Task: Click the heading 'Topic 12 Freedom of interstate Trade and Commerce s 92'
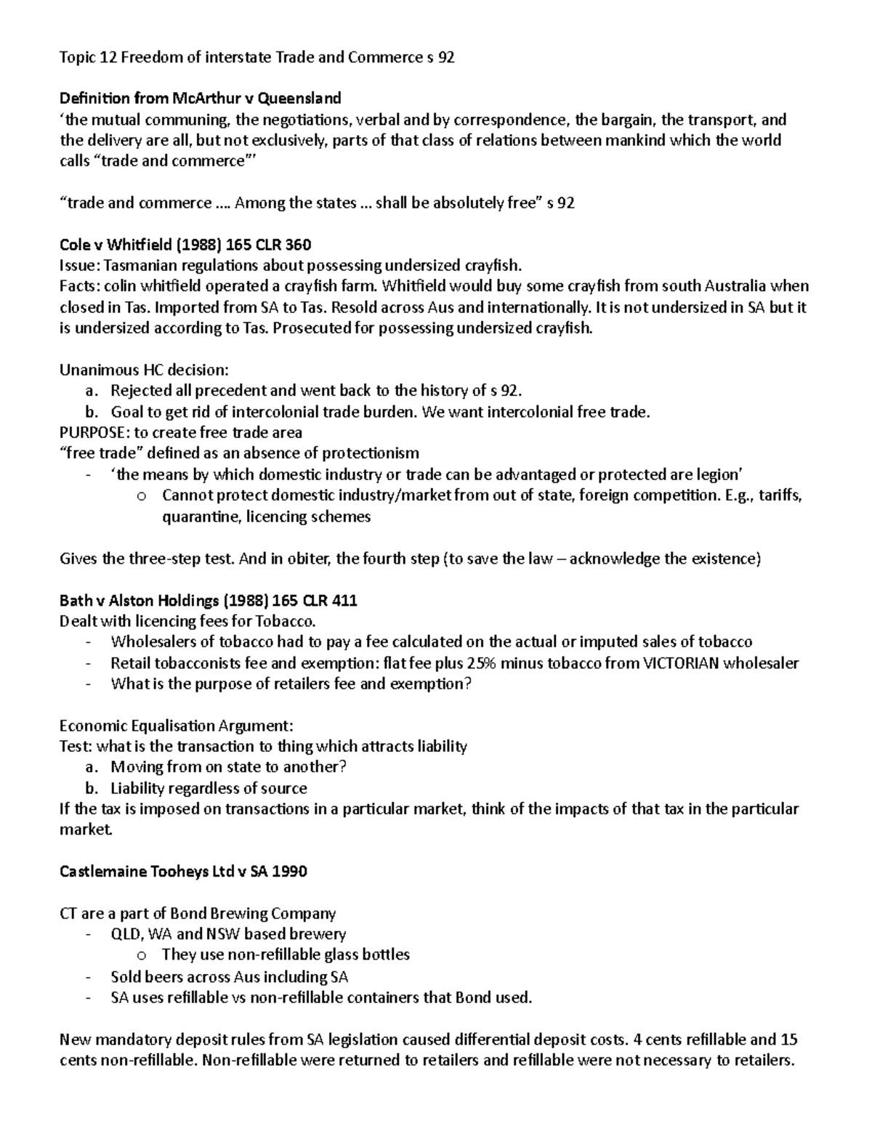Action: click(x=257, y=57)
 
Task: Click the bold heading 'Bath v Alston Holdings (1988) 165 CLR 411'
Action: click(x=208, y=600)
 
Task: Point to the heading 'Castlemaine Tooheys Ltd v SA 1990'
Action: click(x=182, y=872)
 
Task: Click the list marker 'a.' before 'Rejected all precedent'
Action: click(x=91, y=391)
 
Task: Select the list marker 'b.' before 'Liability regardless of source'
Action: click(x=91, y=789)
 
